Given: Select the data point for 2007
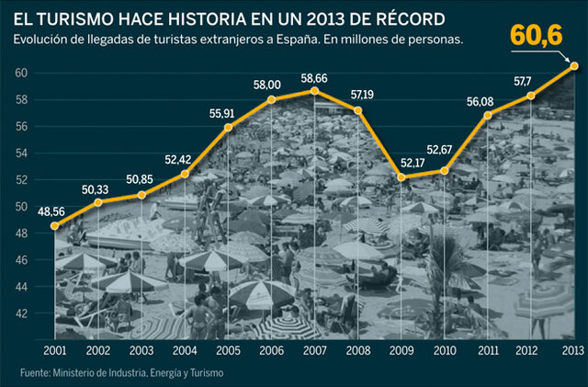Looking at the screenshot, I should click(314, 91).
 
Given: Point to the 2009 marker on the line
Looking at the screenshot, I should click(401, 176).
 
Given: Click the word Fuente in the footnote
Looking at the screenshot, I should click(35, 373).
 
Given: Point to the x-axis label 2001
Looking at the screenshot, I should click(54, 351).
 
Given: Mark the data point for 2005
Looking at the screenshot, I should click(227, 127).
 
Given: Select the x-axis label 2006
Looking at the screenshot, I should click(271, 351).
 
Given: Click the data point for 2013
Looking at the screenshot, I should click(574, 65).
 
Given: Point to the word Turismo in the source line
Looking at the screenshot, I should click(204, 373).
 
